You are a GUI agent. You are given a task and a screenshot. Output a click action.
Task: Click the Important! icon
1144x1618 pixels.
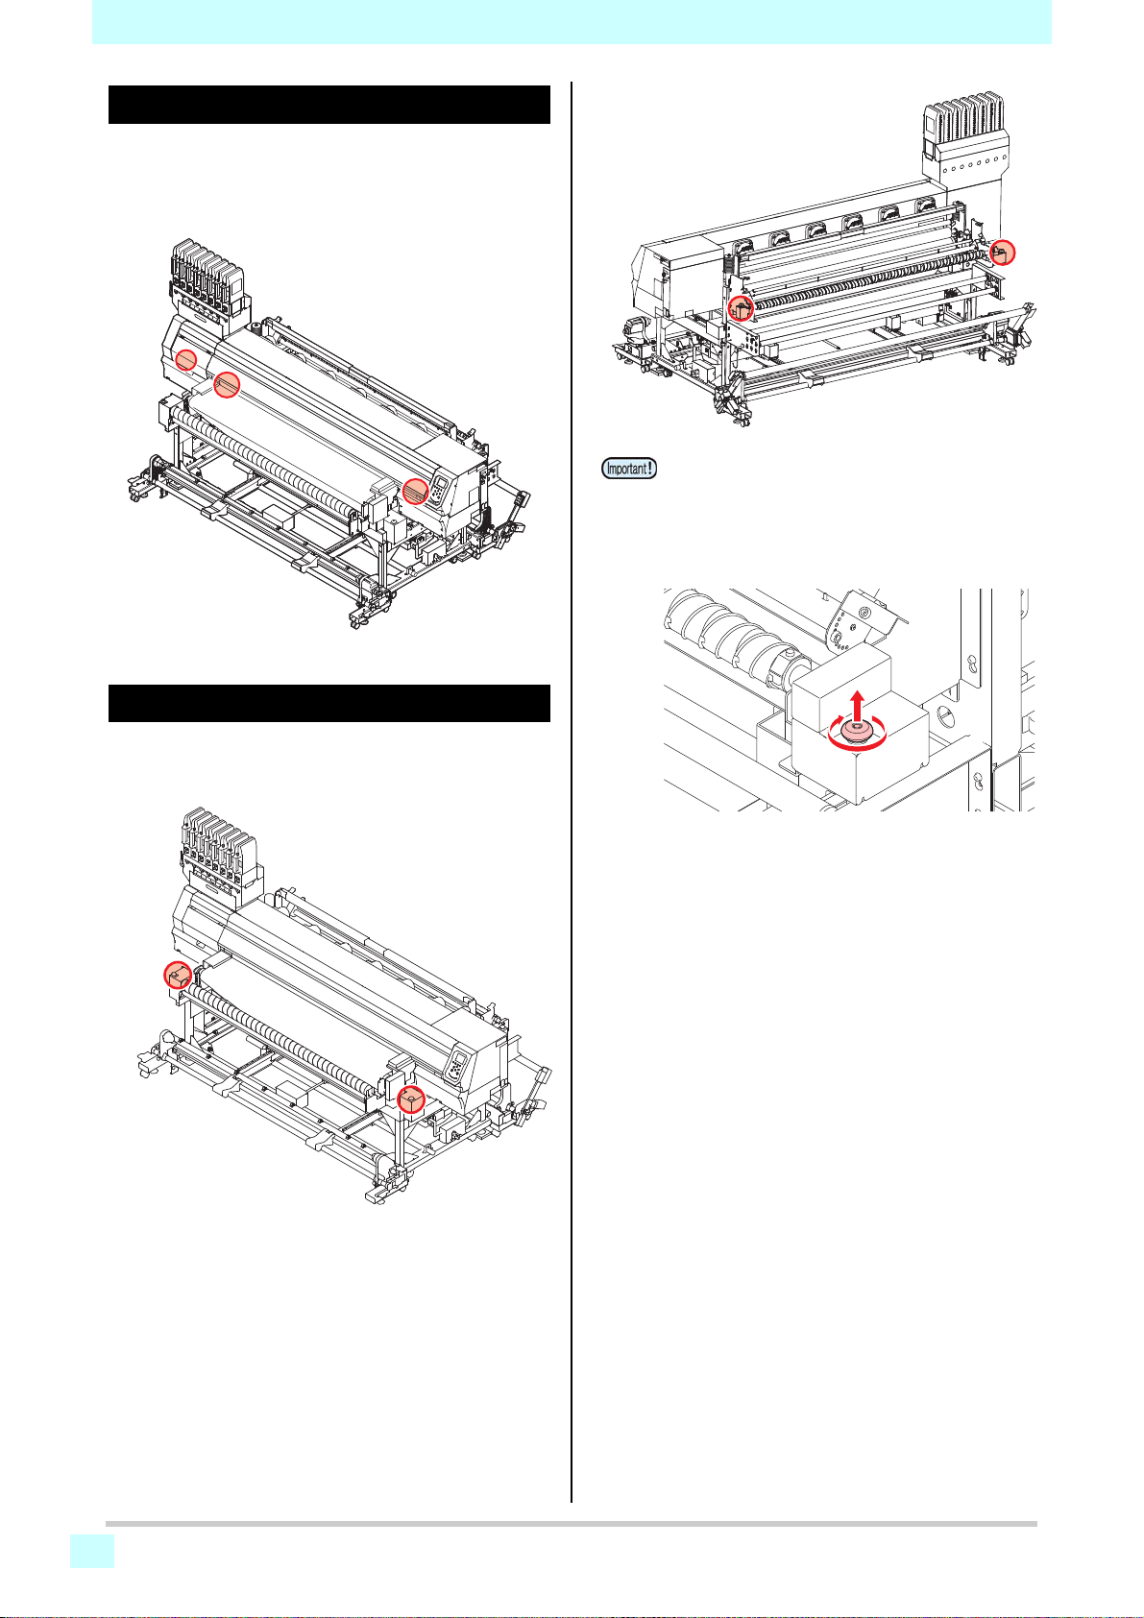click(629, 468)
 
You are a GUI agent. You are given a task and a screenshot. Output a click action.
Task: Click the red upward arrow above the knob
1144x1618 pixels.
click(857, 704)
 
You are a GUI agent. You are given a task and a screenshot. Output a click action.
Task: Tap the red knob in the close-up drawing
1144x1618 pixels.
click(857, 734)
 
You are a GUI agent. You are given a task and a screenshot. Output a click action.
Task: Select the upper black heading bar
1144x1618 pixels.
click(329, 105)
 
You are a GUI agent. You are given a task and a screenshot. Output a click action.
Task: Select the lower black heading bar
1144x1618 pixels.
click(329, 703)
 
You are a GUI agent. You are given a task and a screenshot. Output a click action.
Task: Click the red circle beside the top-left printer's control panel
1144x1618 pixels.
click(416, 491)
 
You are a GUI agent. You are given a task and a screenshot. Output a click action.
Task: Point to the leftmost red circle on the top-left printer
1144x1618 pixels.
click(186, 358)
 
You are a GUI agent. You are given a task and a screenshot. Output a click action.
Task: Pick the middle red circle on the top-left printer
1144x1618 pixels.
click(226, 384)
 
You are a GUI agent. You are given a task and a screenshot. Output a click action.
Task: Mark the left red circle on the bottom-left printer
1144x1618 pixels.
click(178, 976)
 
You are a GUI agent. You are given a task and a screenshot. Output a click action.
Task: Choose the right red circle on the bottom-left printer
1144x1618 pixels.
click(411, 1099)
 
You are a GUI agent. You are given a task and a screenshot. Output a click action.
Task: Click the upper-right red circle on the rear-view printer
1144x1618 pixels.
click(1003, 253)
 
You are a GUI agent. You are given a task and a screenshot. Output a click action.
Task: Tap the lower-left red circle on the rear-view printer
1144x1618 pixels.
click(741, 307)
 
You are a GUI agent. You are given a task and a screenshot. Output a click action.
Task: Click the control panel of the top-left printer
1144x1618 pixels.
click(440, 489)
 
